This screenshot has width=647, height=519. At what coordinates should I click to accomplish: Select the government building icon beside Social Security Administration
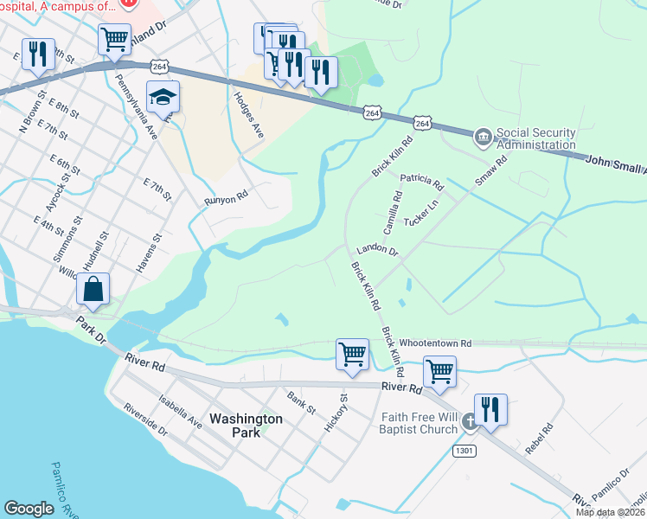[483, 137]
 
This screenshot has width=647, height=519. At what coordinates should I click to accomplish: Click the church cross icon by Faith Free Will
[469, 422]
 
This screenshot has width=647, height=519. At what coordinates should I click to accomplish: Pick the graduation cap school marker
[162, 98]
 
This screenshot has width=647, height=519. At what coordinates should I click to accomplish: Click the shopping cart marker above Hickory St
[352, 354]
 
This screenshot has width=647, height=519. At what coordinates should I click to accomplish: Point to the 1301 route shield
[464, 451]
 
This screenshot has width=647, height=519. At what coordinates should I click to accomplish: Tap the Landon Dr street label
[377, 252]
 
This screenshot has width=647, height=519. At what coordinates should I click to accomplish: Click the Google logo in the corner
[29, 509]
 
